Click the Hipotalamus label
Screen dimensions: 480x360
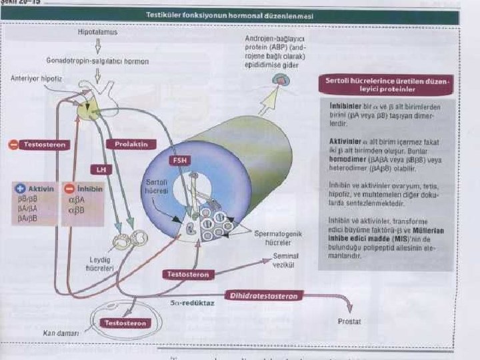97,31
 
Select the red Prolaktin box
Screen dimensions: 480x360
131,144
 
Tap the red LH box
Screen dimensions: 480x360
101,170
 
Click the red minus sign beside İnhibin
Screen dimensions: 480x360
68,189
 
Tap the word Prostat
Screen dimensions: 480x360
349,321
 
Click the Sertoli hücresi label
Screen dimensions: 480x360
156,186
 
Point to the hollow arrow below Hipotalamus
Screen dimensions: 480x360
98,46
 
